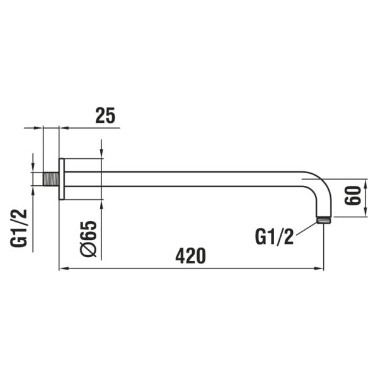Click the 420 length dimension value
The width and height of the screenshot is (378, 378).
191,256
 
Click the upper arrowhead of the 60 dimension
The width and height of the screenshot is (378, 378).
365,179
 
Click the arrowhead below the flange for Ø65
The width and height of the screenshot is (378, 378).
101,203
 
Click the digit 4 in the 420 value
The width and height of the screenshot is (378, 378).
180,256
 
